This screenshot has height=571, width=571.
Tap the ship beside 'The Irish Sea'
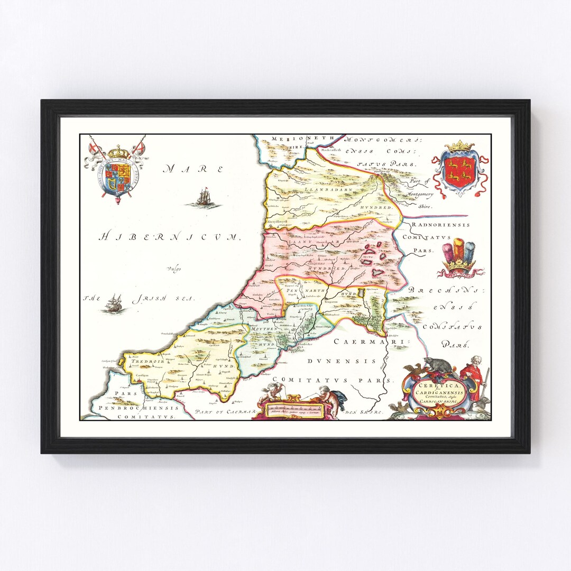pos(114,303)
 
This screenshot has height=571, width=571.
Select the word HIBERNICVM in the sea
pos(169,236)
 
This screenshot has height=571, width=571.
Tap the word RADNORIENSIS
pos(441,225)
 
